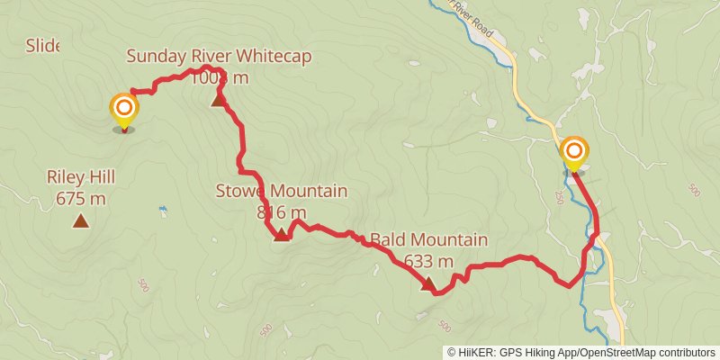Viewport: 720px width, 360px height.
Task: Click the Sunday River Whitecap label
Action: pos(219,57)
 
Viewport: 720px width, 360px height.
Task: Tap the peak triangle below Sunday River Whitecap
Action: pos(219,99)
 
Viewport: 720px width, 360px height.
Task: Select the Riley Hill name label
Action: pos(81,177)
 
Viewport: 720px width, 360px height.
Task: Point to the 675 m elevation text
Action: pos(81,198)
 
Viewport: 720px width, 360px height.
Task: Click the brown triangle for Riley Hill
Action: pos(81,220)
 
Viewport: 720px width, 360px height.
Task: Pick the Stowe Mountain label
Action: pos(281,191)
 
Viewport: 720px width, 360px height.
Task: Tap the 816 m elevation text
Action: pos(281,212)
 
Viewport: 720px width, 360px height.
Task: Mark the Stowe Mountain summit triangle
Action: pos(281,235)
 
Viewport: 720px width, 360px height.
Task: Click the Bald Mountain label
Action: pos(428,240)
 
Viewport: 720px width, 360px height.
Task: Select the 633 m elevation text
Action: pos(428,262)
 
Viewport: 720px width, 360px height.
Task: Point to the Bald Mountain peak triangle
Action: pos(428,284)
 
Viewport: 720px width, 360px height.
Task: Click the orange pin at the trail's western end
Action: pos(124,111)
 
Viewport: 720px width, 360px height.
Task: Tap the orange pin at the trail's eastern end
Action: pos(573,151)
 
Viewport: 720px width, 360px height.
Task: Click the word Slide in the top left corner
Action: pos(42,45)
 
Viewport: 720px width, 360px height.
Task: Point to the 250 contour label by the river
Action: pos(560,197)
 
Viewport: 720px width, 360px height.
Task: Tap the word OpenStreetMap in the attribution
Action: pos(612,353)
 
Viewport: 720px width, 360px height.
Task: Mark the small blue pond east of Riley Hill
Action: pos(162,209)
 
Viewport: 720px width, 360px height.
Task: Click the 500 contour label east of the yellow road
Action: pos(693,190)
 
